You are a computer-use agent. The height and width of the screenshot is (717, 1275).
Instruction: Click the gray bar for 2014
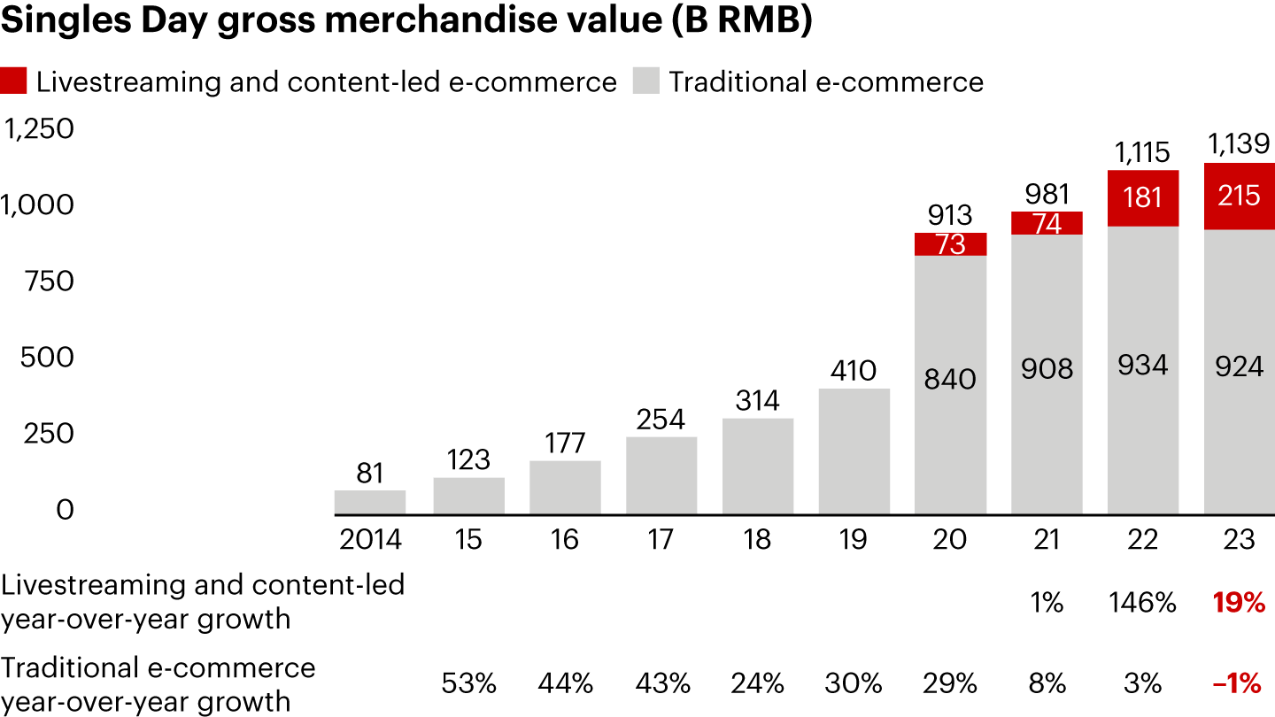tap(370, 502)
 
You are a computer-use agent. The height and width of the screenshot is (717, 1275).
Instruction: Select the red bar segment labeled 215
tap(1239, 197)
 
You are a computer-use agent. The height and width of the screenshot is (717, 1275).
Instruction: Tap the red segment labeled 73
tap(950, 244)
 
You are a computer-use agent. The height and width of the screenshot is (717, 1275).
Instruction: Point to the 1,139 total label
tap(1239, 143)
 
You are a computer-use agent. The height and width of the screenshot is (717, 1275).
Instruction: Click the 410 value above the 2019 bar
tap(853, 370)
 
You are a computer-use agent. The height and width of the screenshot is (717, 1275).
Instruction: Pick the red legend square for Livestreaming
tap(15, 82)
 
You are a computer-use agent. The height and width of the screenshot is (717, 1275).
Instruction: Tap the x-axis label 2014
tap(369, 540)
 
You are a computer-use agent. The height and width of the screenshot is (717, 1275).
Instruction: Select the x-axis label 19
tap(853, 540)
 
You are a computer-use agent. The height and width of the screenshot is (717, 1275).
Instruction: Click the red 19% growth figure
tap(1239, 604)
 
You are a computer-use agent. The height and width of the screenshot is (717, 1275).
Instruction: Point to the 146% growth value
tap(1142, 604)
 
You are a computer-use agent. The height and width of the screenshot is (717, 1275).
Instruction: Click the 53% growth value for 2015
tap(467, 683)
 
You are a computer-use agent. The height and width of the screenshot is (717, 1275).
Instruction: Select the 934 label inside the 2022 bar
tap(1143, 366)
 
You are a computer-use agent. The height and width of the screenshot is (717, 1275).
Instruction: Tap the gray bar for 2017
tap(661, 475)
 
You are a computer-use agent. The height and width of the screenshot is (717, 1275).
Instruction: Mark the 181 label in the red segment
tap(1143, 197)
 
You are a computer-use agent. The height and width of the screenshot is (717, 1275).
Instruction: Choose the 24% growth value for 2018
tap(757, 683)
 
